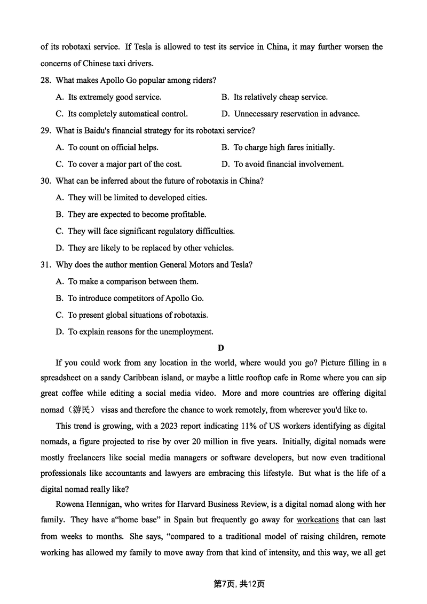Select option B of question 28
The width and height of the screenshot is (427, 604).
pos(274,97)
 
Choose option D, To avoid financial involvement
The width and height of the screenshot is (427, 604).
pos(282,164)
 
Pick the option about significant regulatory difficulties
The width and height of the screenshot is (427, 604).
pos(145,231)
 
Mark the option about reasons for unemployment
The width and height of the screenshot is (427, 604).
pos(135,332)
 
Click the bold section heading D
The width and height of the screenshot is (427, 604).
pos(221,348)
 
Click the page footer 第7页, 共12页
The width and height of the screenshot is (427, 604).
pos(239,584)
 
